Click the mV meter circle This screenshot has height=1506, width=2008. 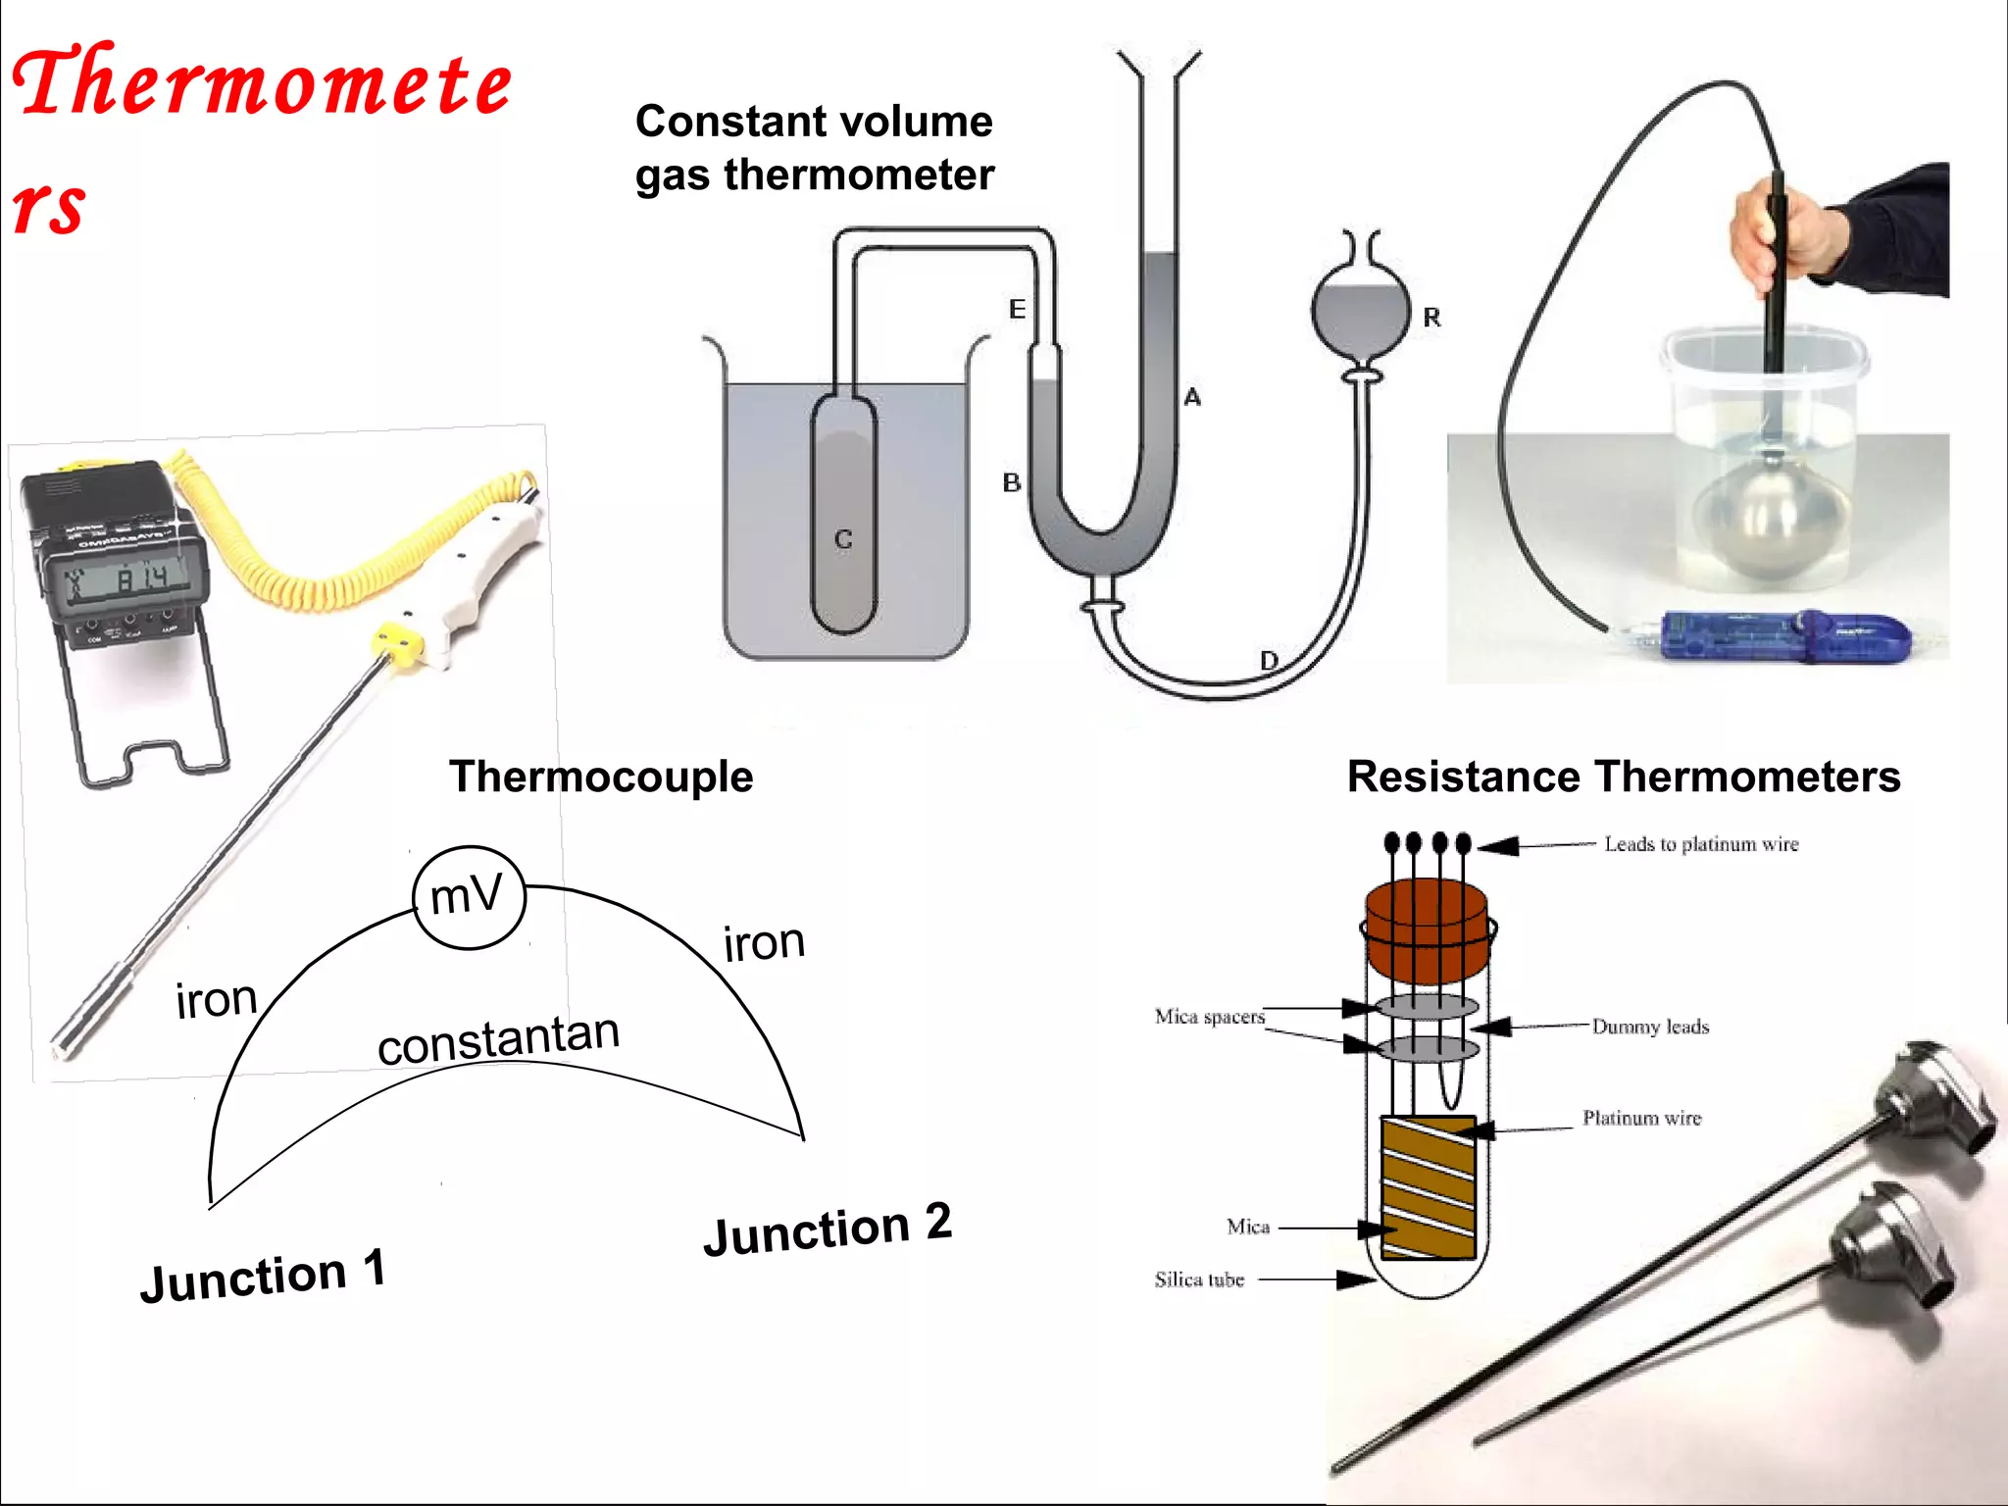point(469,897)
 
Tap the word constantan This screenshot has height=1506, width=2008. point(498,1039)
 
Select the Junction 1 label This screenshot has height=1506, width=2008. point(263,1276)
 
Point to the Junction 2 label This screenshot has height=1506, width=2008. point(828,1229)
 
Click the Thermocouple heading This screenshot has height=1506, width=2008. point(601,777)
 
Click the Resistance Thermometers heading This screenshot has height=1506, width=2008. point(1624,777)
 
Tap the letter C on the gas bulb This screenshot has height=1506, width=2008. point(843,539)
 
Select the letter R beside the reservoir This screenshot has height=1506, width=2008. point(1431,318)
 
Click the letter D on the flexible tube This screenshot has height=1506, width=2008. point(1269,661)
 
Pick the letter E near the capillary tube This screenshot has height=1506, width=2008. point(1018,309)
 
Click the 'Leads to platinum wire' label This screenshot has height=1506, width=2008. point(1701,844)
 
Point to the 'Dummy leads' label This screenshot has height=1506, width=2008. point(1650,1027)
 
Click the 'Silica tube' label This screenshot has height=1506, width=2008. point(1199,1280)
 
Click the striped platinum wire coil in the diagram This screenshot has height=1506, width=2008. point(1428,1187)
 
